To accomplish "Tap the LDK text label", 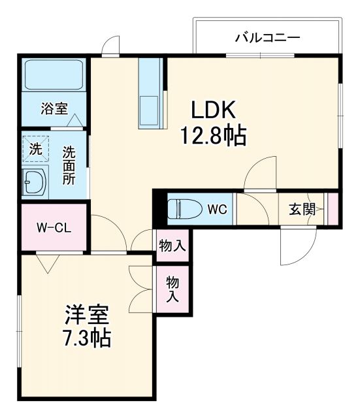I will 212,109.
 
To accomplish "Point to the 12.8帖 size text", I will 213,136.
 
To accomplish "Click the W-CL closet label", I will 53,228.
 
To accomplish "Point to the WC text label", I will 217,210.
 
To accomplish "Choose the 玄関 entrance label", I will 303,210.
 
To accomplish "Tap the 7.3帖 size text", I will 86,339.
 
